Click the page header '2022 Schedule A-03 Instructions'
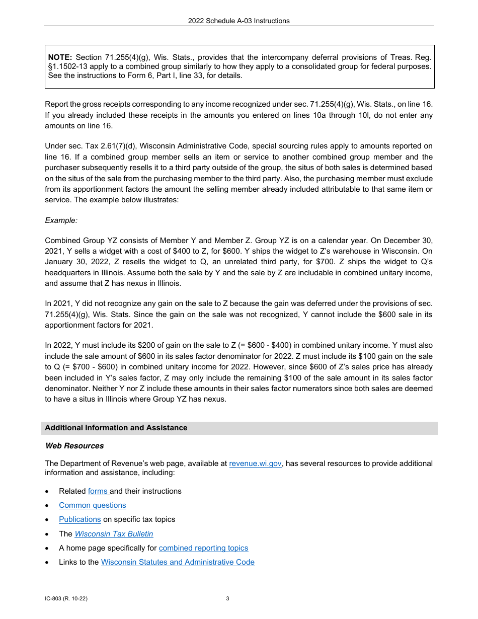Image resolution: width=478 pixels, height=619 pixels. [238, 21]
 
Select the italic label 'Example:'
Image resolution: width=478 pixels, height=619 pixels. [61, 220]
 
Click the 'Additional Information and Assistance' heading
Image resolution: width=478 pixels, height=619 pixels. [116, 428]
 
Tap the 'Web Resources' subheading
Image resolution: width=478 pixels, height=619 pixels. [74, 446]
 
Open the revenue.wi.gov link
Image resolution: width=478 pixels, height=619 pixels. [255, 463]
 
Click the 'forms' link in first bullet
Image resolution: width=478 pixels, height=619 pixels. [98, 491]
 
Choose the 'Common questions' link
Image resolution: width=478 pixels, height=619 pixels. [92, 505]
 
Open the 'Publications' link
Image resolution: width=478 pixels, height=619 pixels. [79, 519]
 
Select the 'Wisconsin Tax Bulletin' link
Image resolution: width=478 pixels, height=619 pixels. [114, 534]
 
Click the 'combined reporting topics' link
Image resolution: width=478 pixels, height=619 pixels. [203, 548]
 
